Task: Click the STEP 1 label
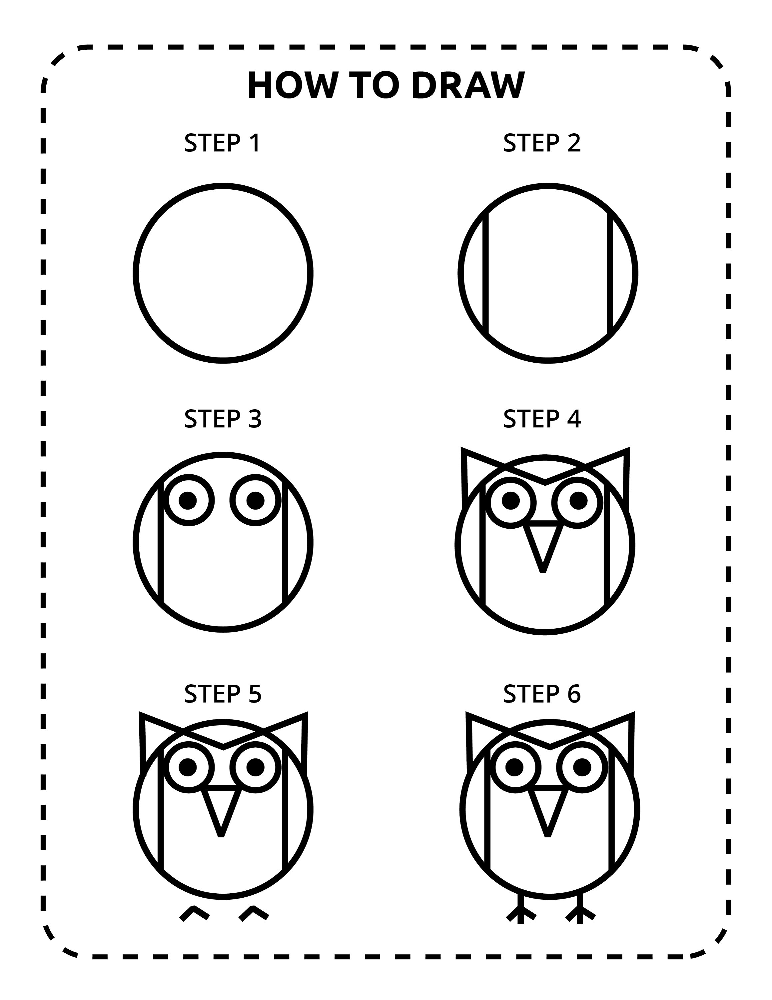[222, 143]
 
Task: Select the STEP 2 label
[542, 143]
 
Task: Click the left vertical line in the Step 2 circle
[485, 273]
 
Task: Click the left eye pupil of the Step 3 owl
[187, 500]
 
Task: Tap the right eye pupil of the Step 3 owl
[255, 500]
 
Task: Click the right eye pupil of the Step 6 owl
[582, 767]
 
